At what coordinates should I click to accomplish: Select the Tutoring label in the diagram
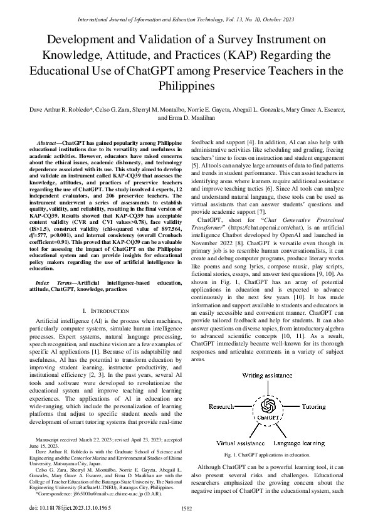pyautogui.click(x=295, y=406)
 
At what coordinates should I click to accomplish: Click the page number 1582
pyautogui.click(x=186, y=509)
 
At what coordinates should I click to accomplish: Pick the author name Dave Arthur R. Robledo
pyautogui.click(x=58, y=109)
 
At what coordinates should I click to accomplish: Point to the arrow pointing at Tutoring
pyautogui.click(x=278, y=406)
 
